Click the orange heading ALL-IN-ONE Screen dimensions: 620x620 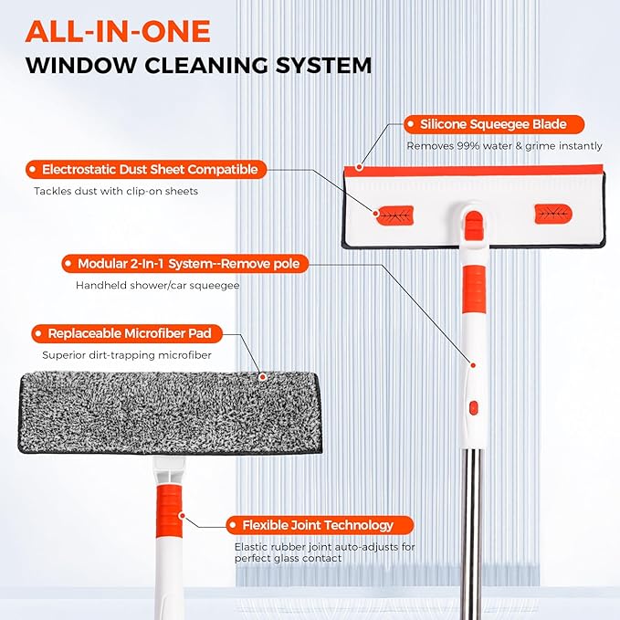coord(118,32)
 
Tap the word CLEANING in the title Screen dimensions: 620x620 coord(206,65)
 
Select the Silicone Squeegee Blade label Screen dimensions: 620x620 coord(494,124)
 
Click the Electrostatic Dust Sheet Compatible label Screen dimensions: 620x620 coord(146,170)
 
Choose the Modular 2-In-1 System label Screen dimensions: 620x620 coord(185,264)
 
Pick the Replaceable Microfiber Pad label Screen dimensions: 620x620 coord(127,333)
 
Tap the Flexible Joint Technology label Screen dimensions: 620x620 coord(320,526)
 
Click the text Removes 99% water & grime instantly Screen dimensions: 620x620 coord(505,146)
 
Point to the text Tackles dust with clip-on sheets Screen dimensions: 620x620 coord(116,192)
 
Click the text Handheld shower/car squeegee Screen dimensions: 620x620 coord(157,286)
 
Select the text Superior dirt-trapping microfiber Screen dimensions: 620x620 coord(127,355)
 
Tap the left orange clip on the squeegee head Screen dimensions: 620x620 coord(394,215)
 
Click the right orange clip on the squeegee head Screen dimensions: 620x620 coord(553,214)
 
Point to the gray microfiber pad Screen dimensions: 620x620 coord(170,413)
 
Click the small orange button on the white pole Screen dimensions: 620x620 coord(473,407)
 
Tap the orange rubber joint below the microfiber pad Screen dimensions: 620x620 coord(169,510)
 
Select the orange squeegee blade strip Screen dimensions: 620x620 coord(474,171)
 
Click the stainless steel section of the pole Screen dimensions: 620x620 coord(471,534)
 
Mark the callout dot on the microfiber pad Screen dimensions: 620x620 coord(262,377)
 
